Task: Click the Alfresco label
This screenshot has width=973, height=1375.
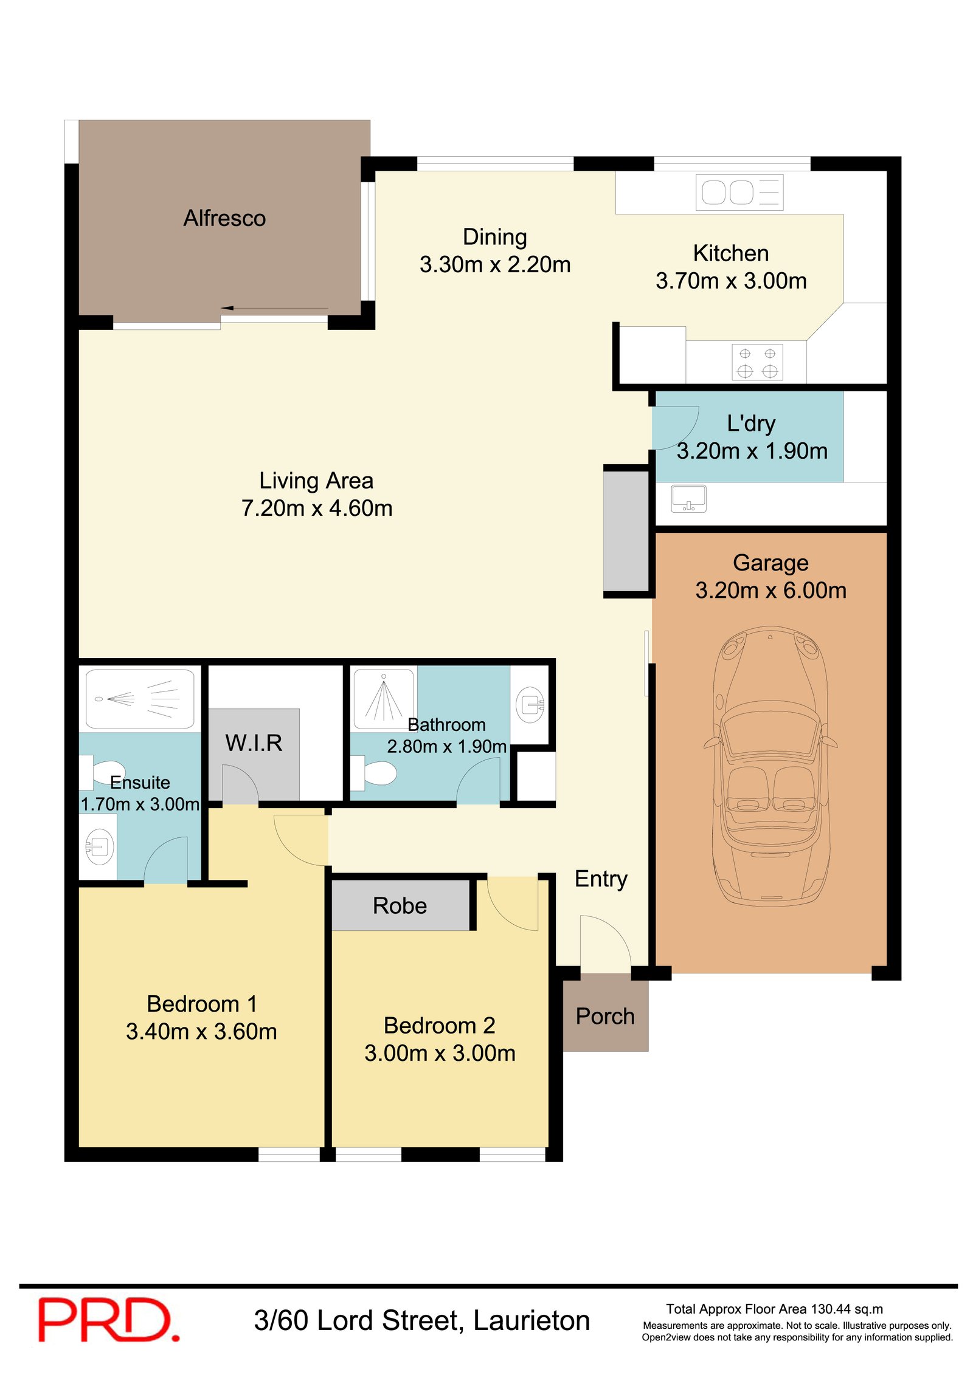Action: pos(224,218)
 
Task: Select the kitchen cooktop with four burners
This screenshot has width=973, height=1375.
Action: pos(757,362)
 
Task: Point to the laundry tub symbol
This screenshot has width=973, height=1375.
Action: pos(688,498)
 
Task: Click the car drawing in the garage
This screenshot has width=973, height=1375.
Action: pos(770,766)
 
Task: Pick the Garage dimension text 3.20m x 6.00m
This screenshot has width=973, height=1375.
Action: pos(770,591)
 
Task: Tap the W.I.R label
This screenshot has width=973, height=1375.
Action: pos(254,743)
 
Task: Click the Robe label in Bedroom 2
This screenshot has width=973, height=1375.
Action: pos(400,906)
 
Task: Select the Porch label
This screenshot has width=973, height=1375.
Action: pos(604,1017)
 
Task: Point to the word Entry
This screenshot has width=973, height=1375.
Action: pos(601,879)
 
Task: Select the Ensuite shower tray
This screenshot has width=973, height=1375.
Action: pos(140,699)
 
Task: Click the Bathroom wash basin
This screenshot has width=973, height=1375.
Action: pos(530,705)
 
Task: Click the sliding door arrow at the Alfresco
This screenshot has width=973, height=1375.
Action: pos(274,309)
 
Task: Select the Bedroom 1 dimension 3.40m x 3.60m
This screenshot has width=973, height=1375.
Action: pos(201,1032)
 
